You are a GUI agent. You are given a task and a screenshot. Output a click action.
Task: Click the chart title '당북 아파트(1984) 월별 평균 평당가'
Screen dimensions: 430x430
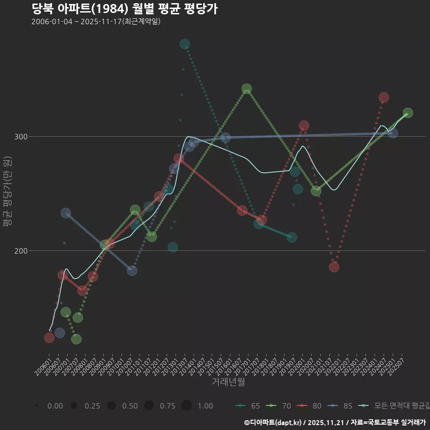[x=125, y=9]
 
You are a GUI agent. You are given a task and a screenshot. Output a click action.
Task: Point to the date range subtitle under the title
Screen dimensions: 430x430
[x=96, y=22]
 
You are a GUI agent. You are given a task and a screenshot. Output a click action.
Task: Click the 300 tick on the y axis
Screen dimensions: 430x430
[x=19, y=137]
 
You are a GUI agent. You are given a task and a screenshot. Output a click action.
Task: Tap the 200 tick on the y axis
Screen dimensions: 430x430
[x=19, y=251]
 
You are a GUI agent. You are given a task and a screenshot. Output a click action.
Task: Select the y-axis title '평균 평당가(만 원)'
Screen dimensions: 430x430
[x=7, y=193]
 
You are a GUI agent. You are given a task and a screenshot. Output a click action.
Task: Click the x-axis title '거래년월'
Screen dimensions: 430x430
[x=228, y=382]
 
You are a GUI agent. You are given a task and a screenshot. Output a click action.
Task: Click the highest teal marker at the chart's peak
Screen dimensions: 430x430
[x=185, y=44]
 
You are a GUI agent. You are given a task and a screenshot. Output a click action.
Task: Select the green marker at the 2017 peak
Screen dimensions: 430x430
[x=246, y=89]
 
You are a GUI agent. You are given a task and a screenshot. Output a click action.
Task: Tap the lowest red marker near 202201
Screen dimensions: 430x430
[x=334, y=267]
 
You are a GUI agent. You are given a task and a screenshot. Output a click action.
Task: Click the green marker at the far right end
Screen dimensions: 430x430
[x=408, y=113]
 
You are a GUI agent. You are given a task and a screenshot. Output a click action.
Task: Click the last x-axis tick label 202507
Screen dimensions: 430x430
[x=397, y=365]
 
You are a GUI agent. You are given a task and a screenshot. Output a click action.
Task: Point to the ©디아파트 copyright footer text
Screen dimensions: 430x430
[x=335, y=422]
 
